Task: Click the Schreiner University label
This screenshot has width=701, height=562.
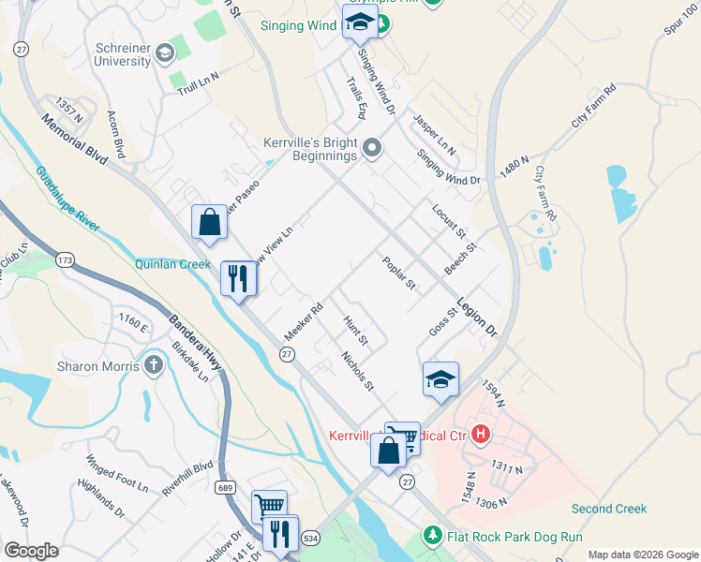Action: [x=109, y=54]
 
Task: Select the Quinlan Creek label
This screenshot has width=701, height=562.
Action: [x=173, y=264]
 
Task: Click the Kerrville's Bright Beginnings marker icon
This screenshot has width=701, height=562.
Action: [x=372, y=147]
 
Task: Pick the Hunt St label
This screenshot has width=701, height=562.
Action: [x=355, y=330]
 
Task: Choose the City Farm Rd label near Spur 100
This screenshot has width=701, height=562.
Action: [x=593, y=106]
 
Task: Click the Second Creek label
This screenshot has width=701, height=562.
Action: [x=609, y=509]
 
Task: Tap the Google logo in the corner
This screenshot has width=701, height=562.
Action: [x=31, y=551]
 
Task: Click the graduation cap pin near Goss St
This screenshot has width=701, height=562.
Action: [x=440, y=379]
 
